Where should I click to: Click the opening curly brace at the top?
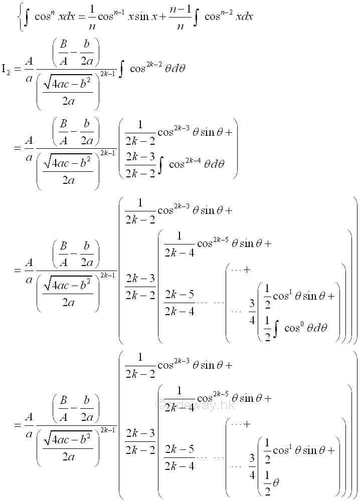coord(20,17)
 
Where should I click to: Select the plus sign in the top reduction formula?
coord(166,17)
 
